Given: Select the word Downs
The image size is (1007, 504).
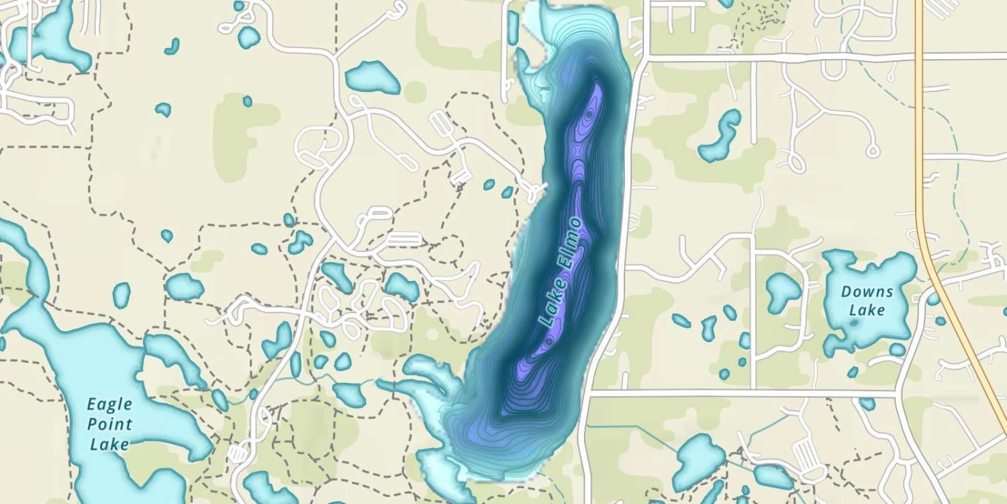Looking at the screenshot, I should (x=867, y=292).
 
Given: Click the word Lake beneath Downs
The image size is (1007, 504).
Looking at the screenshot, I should (x=867, y=310).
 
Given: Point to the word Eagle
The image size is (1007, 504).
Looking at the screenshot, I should (x=110, y=405).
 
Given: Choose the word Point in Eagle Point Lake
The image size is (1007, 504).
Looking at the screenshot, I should (x=110, y=425).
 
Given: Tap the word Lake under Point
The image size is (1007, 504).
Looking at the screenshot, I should (x=110, y=444).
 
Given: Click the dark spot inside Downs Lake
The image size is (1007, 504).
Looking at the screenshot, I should (x=854, y=323).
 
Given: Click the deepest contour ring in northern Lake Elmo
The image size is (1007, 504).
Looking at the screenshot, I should (x=589, y=116).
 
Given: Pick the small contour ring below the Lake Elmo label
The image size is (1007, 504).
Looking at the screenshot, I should (x=549, y=341).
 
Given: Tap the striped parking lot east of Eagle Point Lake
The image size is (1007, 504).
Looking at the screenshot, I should (x=237, y=454).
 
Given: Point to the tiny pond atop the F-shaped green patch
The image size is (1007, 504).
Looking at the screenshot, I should (x=247, y=101).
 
